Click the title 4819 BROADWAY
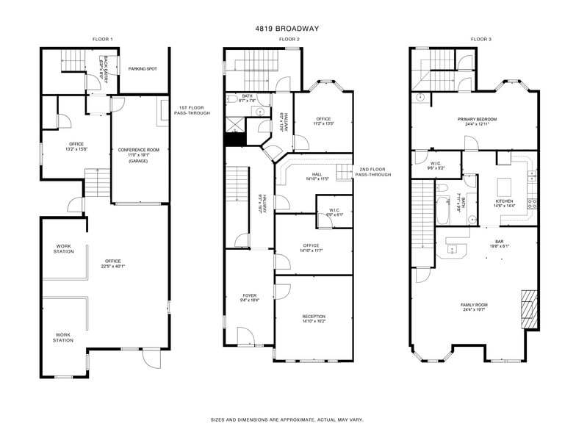287,29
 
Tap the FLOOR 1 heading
103,39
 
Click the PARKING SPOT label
143,69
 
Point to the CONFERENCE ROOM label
138,150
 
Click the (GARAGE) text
138,161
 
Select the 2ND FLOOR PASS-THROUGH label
375,173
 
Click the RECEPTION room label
314,317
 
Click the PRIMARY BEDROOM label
477,119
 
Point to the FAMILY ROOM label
474,304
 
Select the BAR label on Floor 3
499,241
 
